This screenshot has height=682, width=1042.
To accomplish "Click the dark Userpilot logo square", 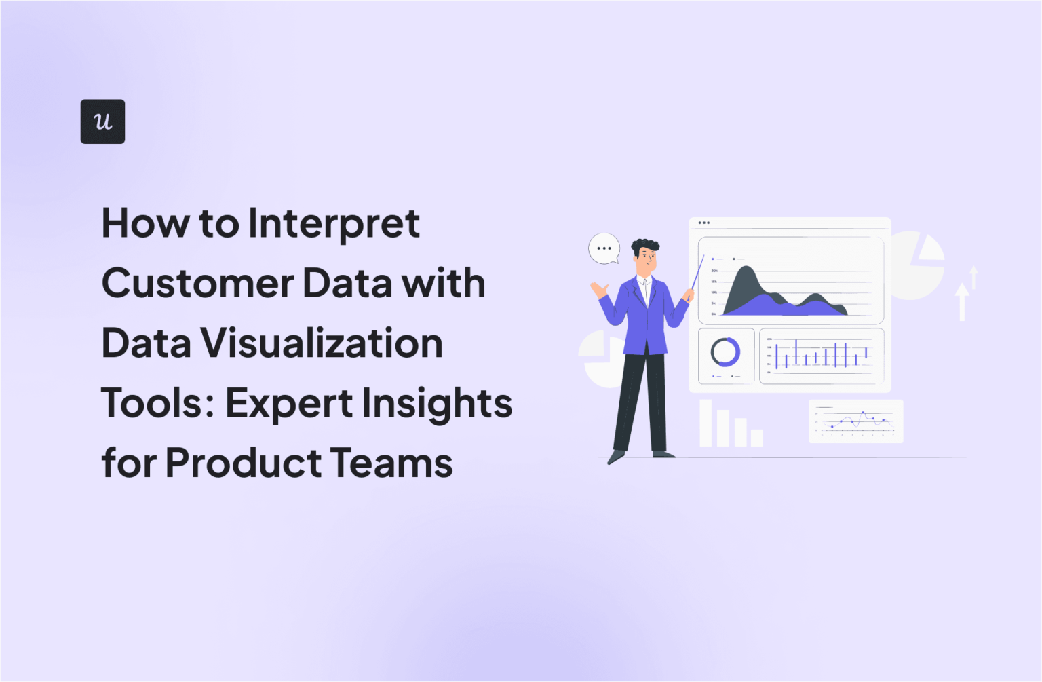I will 102,121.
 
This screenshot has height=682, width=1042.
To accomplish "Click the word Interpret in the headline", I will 334,223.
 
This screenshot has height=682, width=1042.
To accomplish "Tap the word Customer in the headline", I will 197,283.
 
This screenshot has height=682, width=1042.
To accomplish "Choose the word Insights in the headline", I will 437,403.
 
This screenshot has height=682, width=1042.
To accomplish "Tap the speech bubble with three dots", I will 604,248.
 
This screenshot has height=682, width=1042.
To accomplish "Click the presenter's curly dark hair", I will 645,246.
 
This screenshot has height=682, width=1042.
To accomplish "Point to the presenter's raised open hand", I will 599,290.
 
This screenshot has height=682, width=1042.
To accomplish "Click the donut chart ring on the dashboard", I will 725,352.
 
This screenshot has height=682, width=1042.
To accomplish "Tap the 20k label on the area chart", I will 714,271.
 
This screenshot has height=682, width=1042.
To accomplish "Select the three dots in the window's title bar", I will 704,223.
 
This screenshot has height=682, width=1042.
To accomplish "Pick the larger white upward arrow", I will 961,302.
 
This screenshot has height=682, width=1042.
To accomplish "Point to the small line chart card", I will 856,421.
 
